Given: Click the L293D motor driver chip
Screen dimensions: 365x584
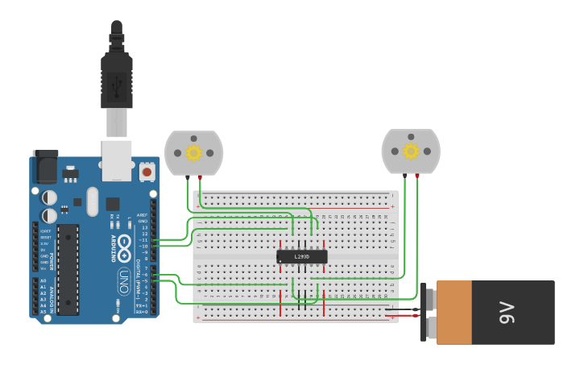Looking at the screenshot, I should (x=302, y=256).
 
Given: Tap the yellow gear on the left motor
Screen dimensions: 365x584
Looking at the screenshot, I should (x=193, y=151).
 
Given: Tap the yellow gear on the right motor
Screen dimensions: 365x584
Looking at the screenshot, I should (x=411, y=151).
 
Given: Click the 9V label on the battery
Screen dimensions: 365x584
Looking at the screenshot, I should (x=506, y=312).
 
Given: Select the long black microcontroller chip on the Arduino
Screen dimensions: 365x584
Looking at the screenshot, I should (x=68, y=269).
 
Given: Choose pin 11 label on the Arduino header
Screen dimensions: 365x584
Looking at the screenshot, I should (x=144, y=240).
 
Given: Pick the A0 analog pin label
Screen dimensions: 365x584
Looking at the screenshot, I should (x=43, y=281).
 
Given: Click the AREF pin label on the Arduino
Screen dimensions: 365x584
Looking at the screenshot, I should (x=143, y=215).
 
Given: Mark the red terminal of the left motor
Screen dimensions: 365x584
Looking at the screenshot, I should (x=200, y=176).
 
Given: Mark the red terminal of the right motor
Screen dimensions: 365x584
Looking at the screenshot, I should (x=416, y=175).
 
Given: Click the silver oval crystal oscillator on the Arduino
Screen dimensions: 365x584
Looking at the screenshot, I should (x=92, y=201).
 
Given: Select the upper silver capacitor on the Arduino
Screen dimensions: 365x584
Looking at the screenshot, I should (x=49, y=197).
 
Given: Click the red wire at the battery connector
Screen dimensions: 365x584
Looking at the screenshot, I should (x=403, y=305).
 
